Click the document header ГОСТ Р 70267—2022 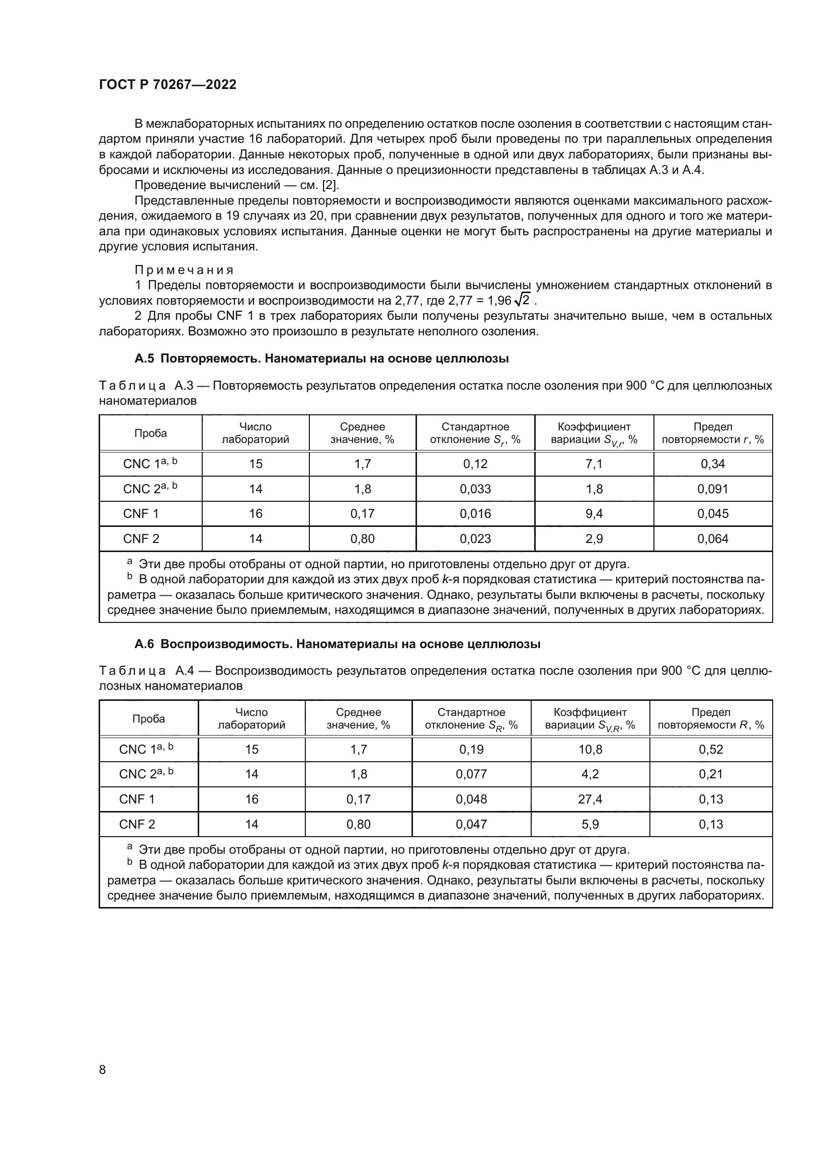click(168, 85)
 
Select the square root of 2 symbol click(523, 300)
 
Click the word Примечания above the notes click(184, 270)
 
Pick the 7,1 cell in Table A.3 click(594, 464)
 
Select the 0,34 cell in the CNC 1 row click(713, 464)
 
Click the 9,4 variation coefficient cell click(594, 514)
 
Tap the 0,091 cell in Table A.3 click(713, 489)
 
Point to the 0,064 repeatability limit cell click(713, 539)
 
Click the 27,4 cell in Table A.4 click(590, 799)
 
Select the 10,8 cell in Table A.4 click(590, 749)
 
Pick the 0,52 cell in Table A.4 click(711, 749)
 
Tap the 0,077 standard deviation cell click(471, 774)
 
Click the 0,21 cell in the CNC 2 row click(711, 774)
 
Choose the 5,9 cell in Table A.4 click(590, 824)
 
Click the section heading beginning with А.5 click(321, 358)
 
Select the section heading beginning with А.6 click(337, 645)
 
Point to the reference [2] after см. click(330, 185)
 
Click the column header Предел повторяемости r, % click(713, 433)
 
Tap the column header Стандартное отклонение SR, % click(471, 718)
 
